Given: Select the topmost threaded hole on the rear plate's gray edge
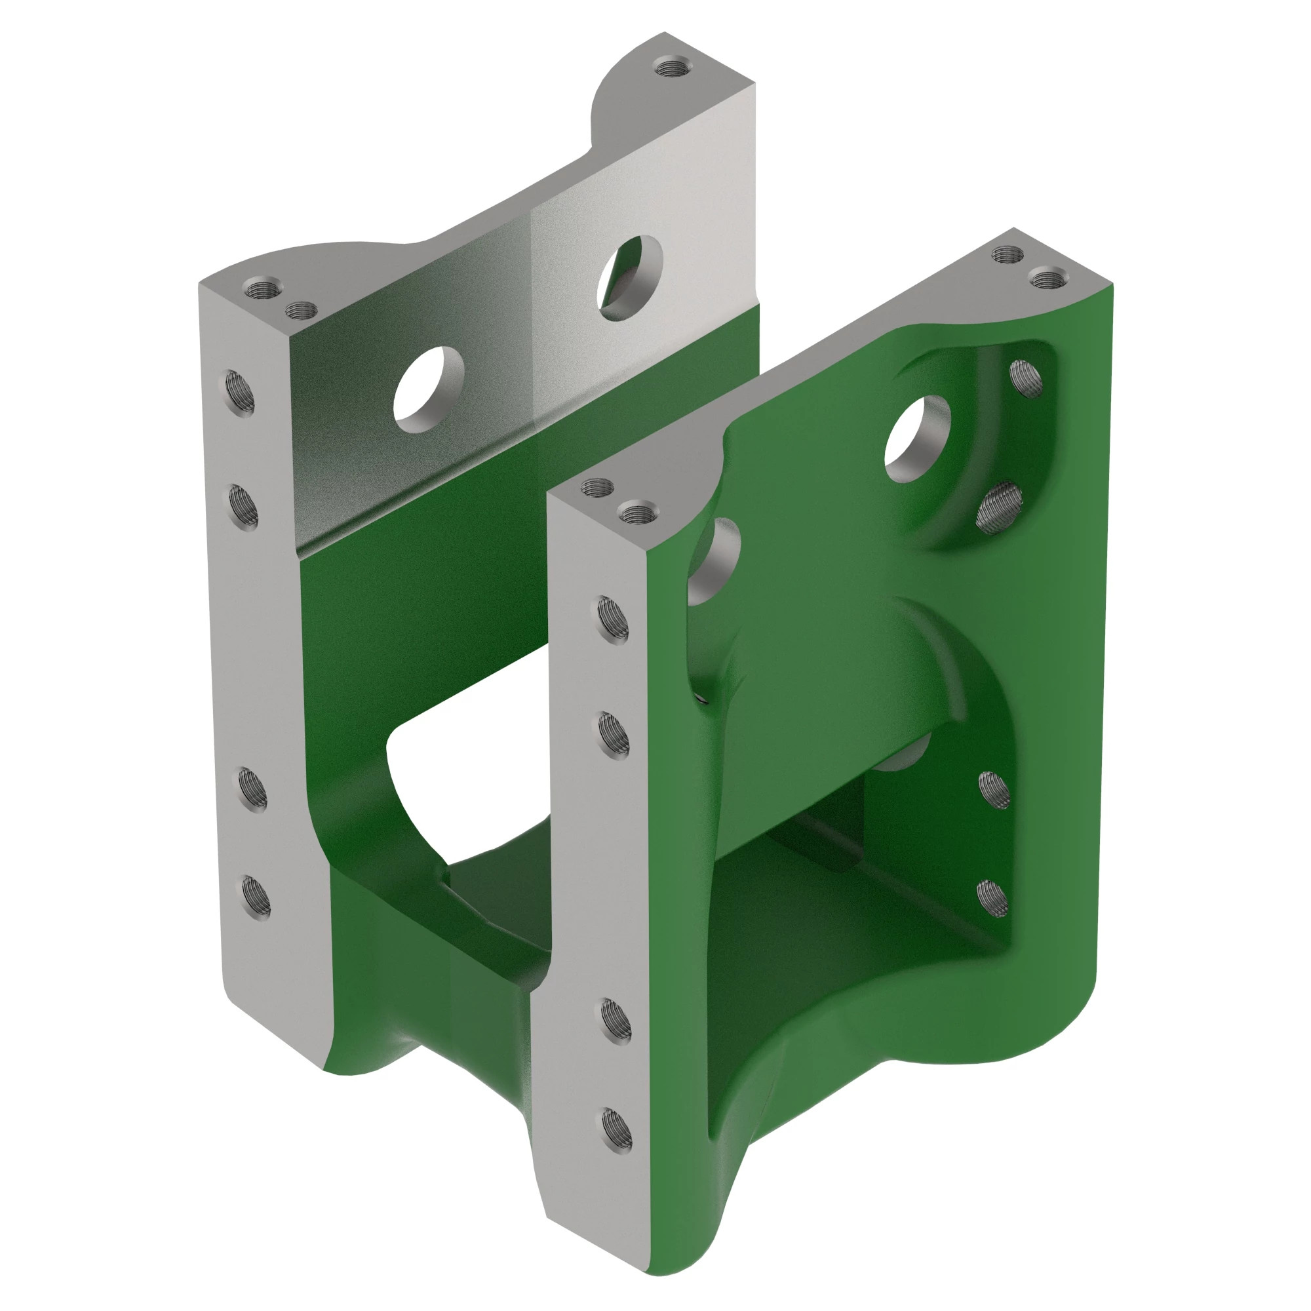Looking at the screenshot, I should click(x=240, y=392).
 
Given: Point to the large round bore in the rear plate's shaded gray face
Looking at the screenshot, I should click(x=429, y=389).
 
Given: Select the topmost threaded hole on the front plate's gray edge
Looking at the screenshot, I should click(x=613, y=619).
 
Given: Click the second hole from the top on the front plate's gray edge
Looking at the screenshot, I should click(x=614, y=735).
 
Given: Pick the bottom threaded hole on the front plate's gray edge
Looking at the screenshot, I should click(x=616, y=1129).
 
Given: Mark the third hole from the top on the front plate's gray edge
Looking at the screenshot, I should click(x=616, y=1020).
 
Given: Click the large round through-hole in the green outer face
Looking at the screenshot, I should click(x=917, y=439).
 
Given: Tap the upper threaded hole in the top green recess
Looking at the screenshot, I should click(x=1025, y=379).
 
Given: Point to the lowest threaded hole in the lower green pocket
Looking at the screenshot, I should click(x=992, y=899).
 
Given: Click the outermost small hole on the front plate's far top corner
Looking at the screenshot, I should click(x=1045, y=277).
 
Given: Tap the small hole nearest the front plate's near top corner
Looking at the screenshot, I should click(x=598, y=486).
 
